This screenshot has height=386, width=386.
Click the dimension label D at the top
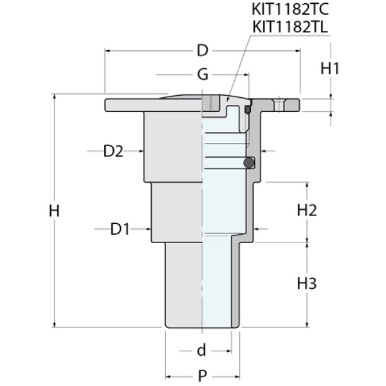203,50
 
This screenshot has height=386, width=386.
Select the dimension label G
203,75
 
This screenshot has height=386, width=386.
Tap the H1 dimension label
329,68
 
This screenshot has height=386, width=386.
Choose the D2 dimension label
113,152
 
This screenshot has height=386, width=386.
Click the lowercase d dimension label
201,351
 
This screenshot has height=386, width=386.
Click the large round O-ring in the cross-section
248,163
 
